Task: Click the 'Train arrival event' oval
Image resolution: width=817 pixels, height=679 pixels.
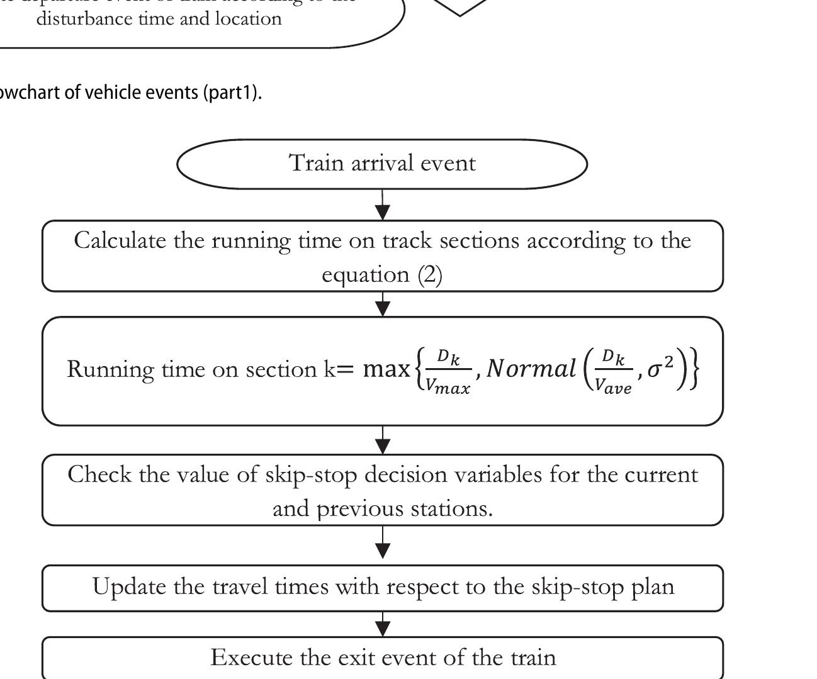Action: pyautogui.click(x=382, y=164)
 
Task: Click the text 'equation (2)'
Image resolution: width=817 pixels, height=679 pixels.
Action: pyautogui.click(x=382, y=275)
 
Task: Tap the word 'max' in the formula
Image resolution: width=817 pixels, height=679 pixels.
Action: pyautogui.click(x=386, y=369)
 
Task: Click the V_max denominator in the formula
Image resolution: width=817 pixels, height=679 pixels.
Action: pyautogui.click(x=447, y=386)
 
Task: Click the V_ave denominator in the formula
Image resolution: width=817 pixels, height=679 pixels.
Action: pyautogui.click(x=614, y=386)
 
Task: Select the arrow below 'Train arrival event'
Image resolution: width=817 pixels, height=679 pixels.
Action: pyautogui.click(x=382, y=206)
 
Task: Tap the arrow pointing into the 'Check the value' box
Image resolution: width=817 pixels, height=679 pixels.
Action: pyautogui.click(x=382, y=442)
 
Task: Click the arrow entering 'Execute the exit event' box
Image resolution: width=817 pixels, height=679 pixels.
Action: pyautogui.click(x=382, y=626)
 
